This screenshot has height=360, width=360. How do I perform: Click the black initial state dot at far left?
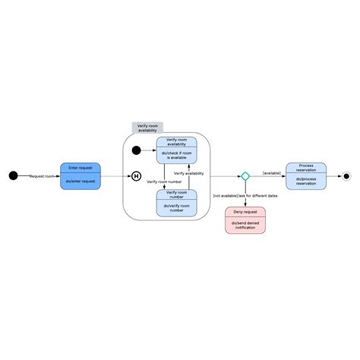(12, 176)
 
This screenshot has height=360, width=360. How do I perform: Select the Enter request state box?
(81, 176)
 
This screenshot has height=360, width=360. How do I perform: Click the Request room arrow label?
(43, 176)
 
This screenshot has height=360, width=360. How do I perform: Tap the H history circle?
(137, 176)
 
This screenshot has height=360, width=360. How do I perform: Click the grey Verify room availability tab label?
(147, 128)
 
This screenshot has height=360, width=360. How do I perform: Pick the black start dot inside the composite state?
(137, 150)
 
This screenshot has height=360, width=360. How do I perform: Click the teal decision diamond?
(245, 176)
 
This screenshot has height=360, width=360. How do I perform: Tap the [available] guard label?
(271, 173)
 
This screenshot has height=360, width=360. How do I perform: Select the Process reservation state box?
(306, 176)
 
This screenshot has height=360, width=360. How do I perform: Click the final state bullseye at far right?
(346, 176)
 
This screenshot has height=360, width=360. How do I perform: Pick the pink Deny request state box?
(245, 219)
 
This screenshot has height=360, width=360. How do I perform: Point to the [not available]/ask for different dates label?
(245, 196)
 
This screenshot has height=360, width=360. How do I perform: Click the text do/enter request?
(81, 182)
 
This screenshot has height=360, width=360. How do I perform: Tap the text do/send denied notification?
(245, 225)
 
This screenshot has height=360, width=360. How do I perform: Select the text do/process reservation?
(306, 182)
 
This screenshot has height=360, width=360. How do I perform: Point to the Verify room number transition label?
(164, 182)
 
